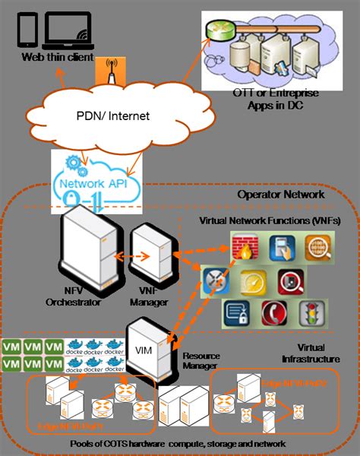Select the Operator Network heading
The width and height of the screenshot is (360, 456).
tap(280, 195)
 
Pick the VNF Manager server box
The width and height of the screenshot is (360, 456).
tap(148, 253)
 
